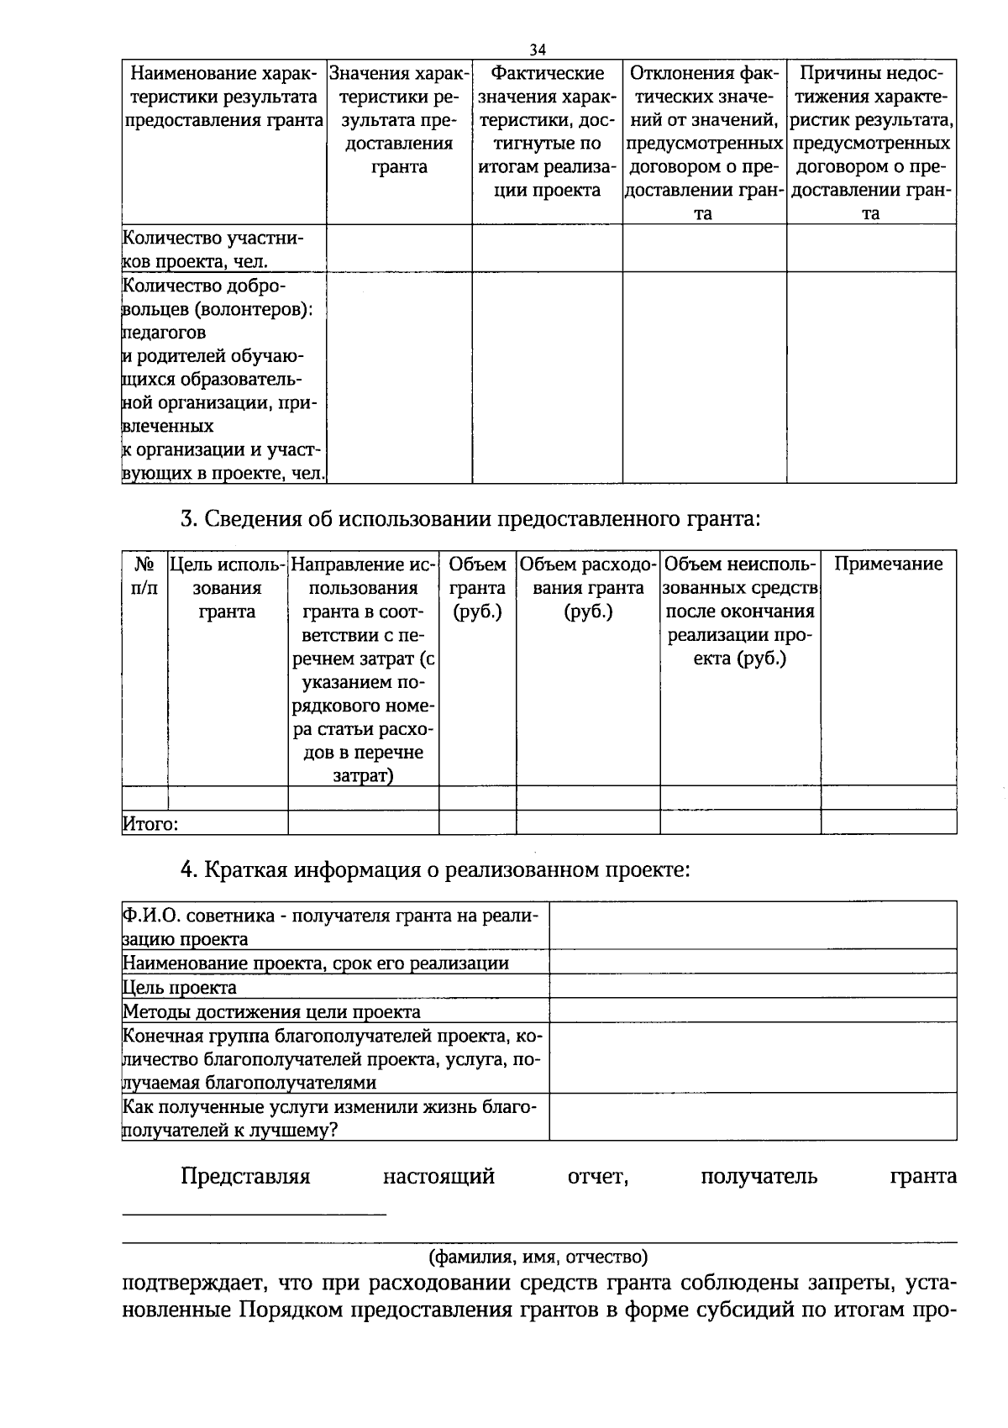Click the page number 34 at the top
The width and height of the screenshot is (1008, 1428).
pyautogui.click(x=538, y=48)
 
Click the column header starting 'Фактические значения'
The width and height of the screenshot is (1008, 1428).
pyautogui.click(x=547, y=132)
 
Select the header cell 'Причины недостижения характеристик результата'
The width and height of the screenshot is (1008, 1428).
pyautogui.click(x=871, y=144)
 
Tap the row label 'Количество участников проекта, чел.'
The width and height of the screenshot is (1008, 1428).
pyautogui.click(x=213, y=249)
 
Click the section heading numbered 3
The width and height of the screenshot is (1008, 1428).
pyautogui.click(x=470, y=519)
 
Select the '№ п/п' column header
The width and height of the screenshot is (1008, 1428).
pyautogui.click(x=144, y=576)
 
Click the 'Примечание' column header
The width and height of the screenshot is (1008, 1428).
pyautogui.click(x=888, y=564)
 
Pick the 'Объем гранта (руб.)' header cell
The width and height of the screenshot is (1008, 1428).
pyautogui.click(x=477, y=588)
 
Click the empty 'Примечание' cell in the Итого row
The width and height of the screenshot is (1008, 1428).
pyautogui.click(x=888, y=822)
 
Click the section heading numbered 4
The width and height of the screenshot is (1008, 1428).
pyautogui.click(x=435, y=869)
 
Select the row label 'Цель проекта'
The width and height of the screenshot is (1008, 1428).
pyautogui.click(x=180, y=987)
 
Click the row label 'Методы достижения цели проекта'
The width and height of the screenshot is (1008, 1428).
pyautogui.click(x=271, y=1011)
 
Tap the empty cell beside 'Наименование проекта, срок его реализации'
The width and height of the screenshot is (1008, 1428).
pyautogui.click(x=753, y=963)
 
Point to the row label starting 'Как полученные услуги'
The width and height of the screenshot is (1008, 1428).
pyautogui.click(x=329, y=1118)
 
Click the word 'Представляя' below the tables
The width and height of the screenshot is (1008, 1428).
pyautogui.click(x=245, y=1177)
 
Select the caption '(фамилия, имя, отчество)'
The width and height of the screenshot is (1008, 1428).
pyautogui.click(x=538, y=1257)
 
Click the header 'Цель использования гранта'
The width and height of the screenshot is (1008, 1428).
pyautogui.click(x=228, y=588)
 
